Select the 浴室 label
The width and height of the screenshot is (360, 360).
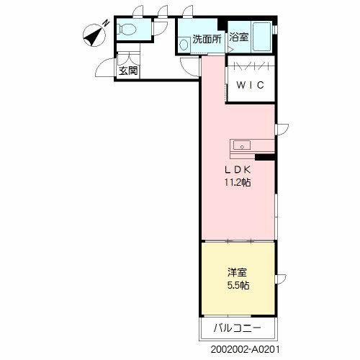point(238,38)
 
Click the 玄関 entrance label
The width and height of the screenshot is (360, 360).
point(129,71)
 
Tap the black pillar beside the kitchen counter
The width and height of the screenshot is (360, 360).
point(266,157)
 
